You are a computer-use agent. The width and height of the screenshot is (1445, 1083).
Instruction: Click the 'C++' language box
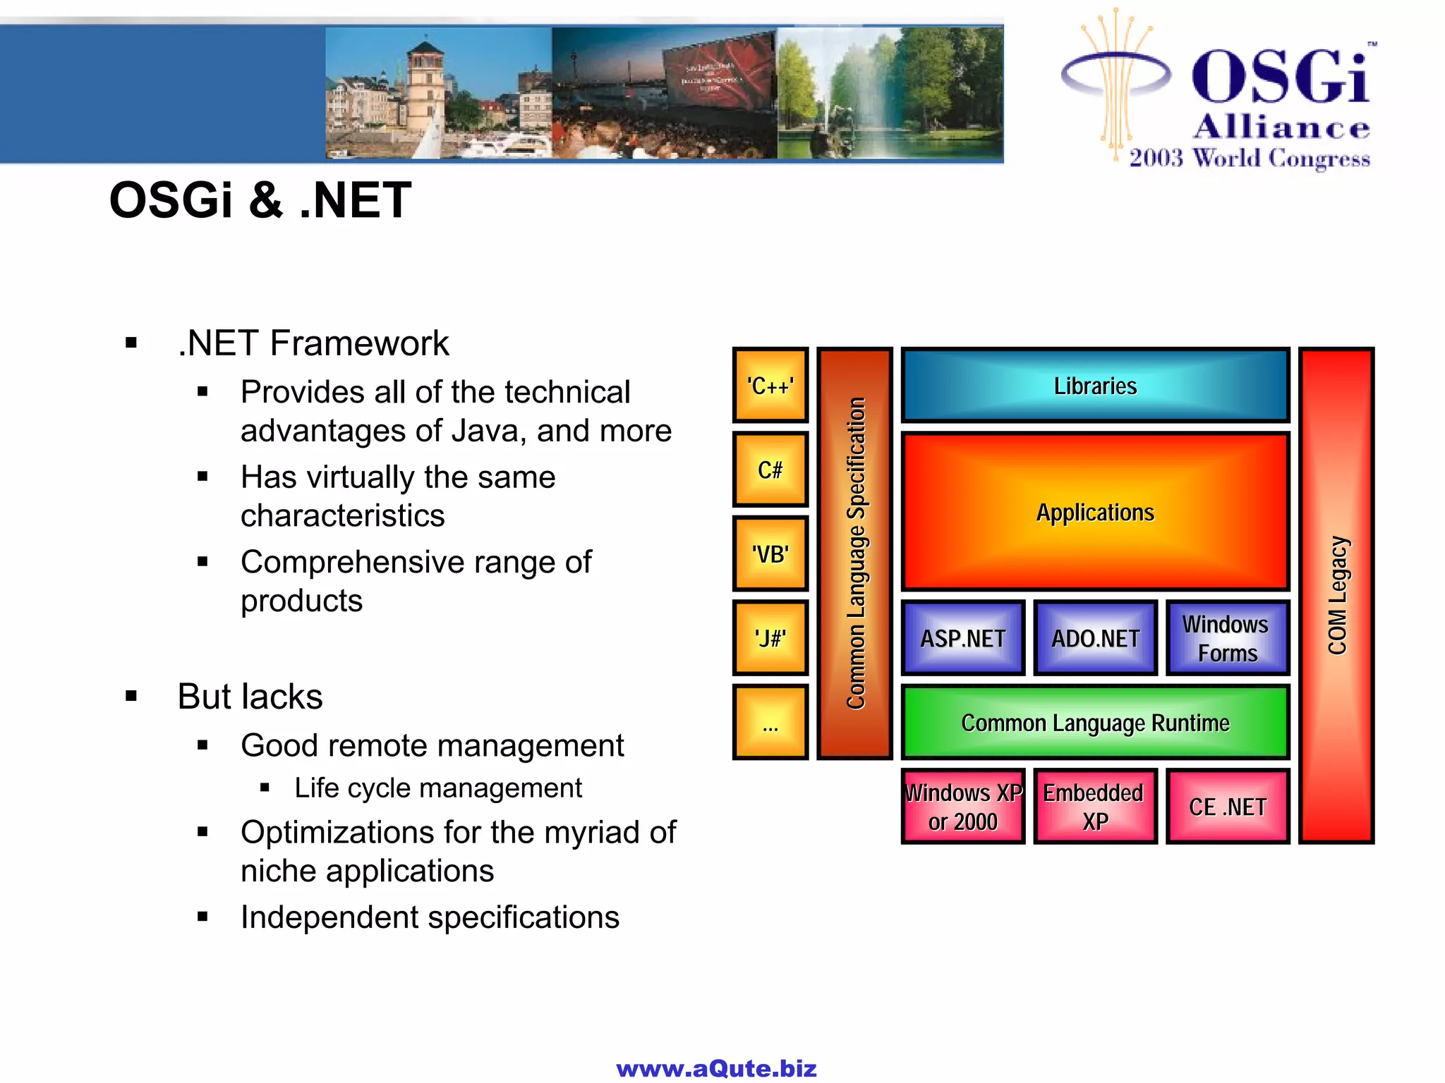pos(770,386)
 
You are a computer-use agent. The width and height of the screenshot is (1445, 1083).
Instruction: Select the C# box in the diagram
pos(770,470)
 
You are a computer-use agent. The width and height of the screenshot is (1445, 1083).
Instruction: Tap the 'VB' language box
pos(770,554)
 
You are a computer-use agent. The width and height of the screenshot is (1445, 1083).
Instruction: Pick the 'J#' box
pos(770,638)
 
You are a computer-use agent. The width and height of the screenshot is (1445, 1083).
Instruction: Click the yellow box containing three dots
pos(770,722)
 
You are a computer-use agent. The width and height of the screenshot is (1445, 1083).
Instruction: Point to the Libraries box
pos(1095,386)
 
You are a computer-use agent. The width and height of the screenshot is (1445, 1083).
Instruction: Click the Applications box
pos(1095,513)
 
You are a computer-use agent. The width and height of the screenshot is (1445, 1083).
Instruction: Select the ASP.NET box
pos(962,638)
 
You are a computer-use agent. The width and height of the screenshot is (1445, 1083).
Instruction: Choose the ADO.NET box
pos(1095,638)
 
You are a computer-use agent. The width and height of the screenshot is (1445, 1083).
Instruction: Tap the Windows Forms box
pos(1227,638)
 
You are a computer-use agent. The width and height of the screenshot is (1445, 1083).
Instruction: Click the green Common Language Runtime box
pos(1095,723)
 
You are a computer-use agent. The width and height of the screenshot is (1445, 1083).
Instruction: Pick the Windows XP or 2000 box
pos(962,807)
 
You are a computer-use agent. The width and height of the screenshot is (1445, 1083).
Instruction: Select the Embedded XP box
pos(1095,807)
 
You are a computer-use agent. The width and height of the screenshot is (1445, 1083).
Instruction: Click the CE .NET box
pos(1227,807)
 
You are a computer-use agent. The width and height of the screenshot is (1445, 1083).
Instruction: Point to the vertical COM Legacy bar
pos(1336,596)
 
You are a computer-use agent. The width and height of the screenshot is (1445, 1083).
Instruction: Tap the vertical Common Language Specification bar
pos(854,553)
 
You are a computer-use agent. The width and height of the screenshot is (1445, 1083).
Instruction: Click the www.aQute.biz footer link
pos(716,1068)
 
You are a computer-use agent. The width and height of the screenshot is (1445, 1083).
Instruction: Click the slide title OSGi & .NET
pos(260,200)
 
